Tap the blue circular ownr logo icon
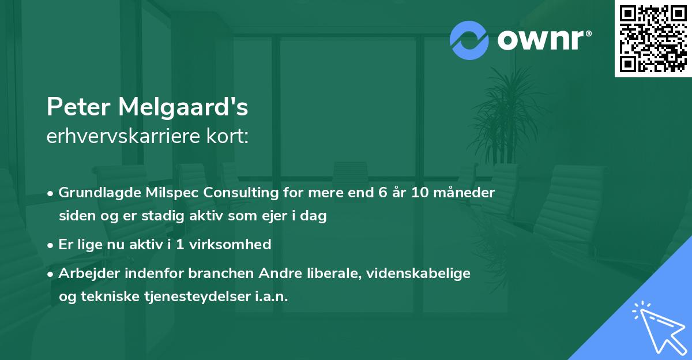point(469,40)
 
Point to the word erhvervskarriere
point(125,137)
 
